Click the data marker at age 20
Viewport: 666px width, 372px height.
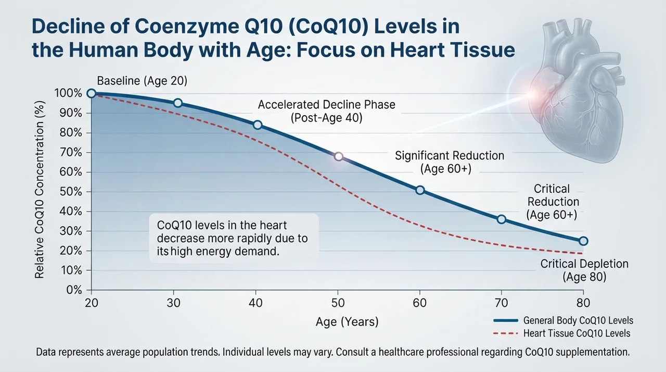[91, 93]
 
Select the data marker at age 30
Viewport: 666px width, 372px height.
[178, 103]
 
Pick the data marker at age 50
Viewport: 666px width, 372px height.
[338, 156]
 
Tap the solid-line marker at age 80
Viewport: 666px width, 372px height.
[583, 241]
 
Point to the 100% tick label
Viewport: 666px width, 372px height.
[68, 93]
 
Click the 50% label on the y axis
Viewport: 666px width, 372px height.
[71, 192]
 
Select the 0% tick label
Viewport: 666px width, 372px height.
[74, 290]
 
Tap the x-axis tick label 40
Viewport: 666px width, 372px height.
[255, 303]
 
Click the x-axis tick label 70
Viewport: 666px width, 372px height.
[501, 303]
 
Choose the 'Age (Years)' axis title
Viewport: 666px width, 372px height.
[347, 322]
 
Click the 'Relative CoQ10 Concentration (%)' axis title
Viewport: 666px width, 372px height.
[40, 190]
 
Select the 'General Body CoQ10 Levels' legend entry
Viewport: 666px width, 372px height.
[563, 320]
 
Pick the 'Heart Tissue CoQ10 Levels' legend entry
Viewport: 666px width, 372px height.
[561, 333]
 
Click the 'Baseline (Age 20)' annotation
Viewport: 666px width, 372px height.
[142, 81]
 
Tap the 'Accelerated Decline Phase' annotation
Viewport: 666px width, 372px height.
[326, 105]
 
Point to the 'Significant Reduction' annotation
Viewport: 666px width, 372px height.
[450, 156]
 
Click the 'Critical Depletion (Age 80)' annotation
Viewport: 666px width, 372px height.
[584, 270]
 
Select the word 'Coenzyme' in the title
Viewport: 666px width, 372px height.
[187, 27]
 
